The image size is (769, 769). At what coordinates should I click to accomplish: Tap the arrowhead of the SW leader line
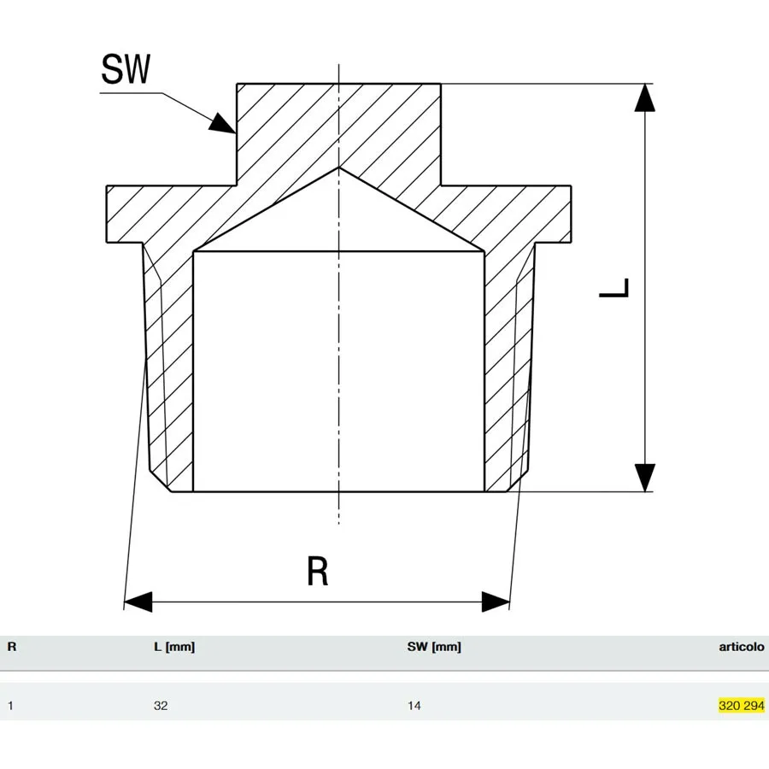pyautogui.click(x=223, y=124)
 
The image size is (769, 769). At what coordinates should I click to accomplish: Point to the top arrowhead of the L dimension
pyautogui.click(x=644, y=97)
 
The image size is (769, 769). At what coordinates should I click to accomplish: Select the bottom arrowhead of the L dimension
pyautogui.click(x=644, y=477)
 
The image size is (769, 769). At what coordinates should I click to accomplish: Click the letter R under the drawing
pyautogui.click(x=317, y=571)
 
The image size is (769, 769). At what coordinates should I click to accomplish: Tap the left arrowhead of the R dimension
pyautogui.click(x=138, y=602)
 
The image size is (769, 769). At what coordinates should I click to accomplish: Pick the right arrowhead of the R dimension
pyautogui.click(x=496, y=602)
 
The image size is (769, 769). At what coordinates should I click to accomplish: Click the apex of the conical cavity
pyautogui.click(x=338, y=167)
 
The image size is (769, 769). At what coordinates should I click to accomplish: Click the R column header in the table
pyautogui.click(x=12, y=647)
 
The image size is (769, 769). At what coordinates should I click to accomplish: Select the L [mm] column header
pyautogui.click(x=174, y=648)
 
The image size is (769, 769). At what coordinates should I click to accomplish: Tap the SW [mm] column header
pyautogui.click(x=434, y=648)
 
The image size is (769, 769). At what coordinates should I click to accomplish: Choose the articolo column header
pyautogui.click(x=742, y=647)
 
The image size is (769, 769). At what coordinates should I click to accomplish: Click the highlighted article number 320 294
pyautogui.click(x=742, y=706)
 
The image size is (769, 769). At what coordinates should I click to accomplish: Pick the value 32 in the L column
pyautogui.click(x=161, y=706)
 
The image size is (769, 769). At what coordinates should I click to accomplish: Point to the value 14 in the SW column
pyautogui.click(x=414, y=706)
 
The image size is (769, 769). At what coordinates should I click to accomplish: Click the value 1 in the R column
pyautogui.click(x=10, y=706)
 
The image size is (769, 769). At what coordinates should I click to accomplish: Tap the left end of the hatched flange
pyautogui.click(x=107, y=214)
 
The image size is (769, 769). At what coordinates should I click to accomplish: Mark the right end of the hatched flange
pyautogui.click(x=571, y=214)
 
